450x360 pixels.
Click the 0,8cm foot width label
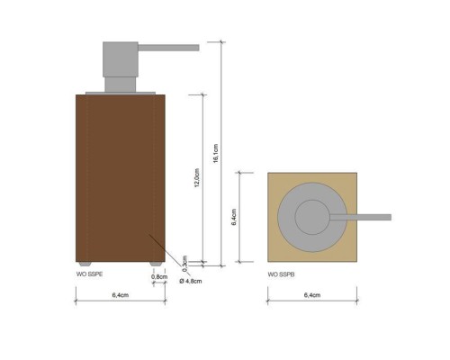[158, 278]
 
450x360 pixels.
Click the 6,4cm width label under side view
[119, 295]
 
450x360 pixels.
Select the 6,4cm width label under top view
[311, 295]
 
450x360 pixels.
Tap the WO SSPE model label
[89, 271]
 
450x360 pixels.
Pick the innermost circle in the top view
[312, 217]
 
